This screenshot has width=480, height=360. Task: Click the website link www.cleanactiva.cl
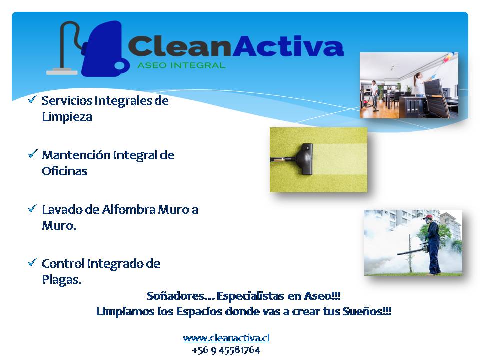(x=226, y=338)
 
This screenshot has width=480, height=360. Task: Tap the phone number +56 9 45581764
(x=226, y=350)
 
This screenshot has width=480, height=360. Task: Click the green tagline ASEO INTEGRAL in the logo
(x=181, y=65)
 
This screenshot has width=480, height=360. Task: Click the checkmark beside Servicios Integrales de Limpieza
(x=33, y=99)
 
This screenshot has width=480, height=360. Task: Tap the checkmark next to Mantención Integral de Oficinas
(x=33, y=153)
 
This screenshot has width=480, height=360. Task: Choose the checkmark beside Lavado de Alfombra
(x=33, y=208)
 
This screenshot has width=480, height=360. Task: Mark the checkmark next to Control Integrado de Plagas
(x=33, y=262)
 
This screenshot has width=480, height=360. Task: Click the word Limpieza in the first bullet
(x=67, y=117)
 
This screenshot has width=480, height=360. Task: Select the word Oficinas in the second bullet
(x=65, y=171)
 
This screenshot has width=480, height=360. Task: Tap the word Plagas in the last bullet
(x=62, y=280)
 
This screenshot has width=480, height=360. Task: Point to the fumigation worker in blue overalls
(x=431, y=244)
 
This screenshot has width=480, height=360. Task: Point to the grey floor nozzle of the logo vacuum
(x=62, y=72)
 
